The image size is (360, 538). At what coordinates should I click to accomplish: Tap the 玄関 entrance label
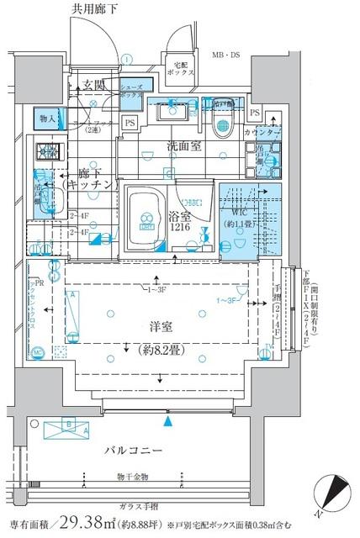coord(93,84)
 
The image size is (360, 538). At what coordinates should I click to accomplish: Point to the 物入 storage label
coord(47,119)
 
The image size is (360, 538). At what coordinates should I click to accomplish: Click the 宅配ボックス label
coord(184,68)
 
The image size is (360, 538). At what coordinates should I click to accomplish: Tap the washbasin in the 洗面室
coord(177,114)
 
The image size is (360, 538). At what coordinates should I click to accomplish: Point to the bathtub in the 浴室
coord(147,215)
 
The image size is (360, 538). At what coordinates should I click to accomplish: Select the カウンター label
coord(261,133)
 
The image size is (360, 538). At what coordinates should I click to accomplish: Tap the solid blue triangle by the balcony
coord(170,419)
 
